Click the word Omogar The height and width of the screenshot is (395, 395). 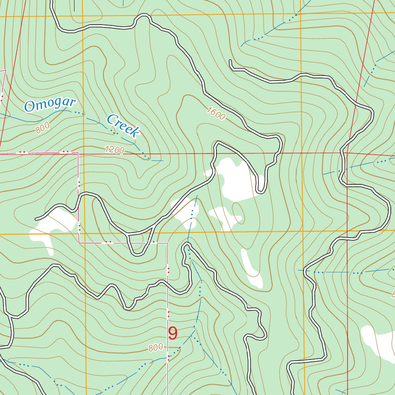pyautogui.click(x=49, y=105)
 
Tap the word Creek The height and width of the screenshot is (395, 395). pyautogui.click(x=123, y=126)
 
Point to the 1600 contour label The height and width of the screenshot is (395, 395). pyautogui.click(x=216, y=114)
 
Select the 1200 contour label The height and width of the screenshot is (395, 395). pyautogui.click(x=115, y=150)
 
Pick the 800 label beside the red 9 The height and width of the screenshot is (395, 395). pyautogui.click(x=155, y=348)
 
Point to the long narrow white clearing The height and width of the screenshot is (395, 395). pyautogui.click(x=251, y=268)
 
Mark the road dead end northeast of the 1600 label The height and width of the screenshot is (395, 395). pyautogui.click(x=230, y=61)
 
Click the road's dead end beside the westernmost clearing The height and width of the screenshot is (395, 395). pyautogui.click(x=36, y=219)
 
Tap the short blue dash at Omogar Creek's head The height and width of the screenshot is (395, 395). pyautogui.click(x=157, y=160)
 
